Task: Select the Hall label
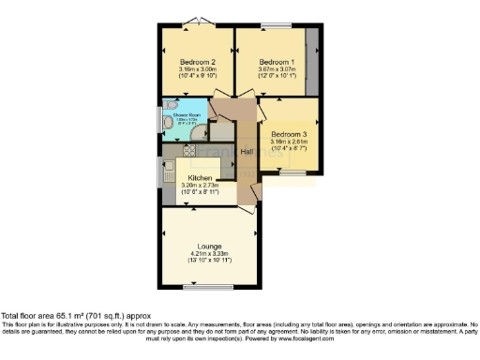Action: (x=247, y=151)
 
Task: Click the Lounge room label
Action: (x=209, y=246)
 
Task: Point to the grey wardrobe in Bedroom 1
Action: (x=311, y=60)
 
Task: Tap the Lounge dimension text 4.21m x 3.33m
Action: (x=209, y=253)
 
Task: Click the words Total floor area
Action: (x=28, y=316)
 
